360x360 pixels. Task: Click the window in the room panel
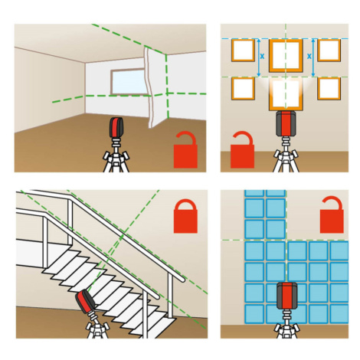(x=129, y=81)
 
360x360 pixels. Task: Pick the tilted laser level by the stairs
(x=86, y=302)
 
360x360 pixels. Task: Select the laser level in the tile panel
(x=286, y=296)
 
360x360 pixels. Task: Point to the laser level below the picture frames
(x=286, y=123)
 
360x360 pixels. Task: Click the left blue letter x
(x=262, y=57)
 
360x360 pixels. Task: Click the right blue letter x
(x=309, y=56)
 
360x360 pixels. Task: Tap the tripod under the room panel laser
(x=116, y=155)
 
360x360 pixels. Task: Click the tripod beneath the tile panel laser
(x=286, y=324)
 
